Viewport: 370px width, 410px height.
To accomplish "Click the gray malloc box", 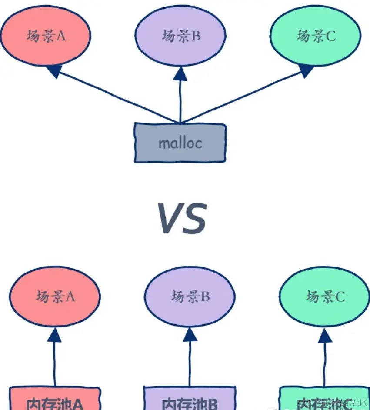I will click(x=180, y=143).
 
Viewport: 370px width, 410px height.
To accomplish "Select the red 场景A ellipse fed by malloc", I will click(x=46, y=36).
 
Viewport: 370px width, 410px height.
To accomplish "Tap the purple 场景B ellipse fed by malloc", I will click(x=180, y=36).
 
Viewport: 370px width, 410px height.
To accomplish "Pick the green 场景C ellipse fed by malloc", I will click(x=316, y=36).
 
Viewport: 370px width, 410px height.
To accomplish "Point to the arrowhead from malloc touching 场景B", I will click(x=180, y=74).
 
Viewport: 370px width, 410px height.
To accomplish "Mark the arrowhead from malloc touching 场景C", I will click(x=306, y=70).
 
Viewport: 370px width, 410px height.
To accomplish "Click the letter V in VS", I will click(x=168, y=219).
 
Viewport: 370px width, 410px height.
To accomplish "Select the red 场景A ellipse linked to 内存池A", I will click(x=55, y=297).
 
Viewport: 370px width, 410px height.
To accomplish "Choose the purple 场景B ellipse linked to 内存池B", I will click(x=190, y=297).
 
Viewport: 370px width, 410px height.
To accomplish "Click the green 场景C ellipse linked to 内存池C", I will click(x=325, y=297).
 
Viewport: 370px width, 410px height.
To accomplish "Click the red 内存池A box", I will click(x=55, y=399).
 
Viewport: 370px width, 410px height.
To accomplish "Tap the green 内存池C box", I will click(x=324, y=399).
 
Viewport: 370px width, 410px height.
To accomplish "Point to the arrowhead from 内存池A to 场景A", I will click(x=55, y=334).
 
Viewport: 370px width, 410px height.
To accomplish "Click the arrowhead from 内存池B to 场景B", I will click(x=190, y=334).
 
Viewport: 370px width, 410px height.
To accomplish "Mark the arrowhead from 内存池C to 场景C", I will click(x=325, y=334).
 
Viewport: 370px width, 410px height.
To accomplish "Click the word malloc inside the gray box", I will click(x=180, y=143).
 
